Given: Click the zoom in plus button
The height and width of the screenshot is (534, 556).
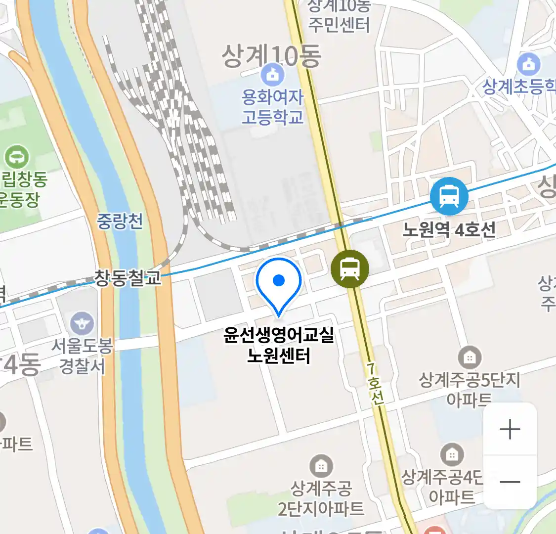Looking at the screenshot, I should point(510,429).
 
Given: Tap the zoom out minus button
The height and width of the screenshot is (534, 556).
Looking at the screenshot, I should point(510,482).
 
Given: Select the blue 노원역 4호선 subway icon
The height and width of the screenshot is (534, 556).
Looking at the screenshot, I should point(449,196).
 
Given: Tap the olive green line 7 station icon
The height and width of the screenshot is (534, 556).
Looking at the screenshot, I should point(350,268).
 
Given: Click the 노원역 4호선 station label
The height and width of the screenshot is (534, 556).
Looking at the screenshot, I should point(449,229).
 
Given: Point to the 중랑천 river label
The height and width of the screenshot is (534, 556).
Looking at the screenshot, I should point(120,221).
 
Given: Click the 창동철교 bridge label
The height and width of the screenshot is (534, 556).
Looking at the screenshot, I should point(128,278).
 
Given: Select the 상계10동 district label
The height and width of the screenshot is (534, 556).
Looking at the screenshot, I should point(271,56).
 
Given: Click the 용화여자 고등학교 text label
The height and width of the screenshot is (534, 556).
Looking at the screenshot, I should point(272,107).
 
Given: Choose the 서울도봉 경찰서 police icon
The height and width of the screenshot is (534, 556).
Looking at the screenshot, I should point(82,324).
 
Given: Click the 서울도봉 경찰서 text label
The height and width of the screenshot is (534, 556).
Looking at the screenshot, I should point(82,356).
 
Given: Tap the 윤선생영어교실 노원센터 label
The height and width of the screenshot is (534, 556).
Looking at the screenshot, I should point(279,345).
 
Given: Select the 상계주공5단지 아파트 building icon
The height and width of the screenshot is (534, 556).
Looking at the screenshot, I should point(470,357).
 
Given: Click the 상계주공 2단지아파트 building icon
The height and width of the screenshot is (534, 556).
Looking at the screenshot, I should point(321,466).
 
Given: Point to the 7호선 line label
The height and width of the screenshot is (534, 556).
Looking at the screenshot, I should point(375,383).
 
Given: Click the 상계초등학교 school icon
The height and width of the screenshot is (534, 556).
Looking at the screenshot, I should point(529,64).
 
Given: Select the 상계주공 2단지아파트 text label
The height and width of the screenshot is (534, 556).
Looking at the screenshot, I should point(321,498).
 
